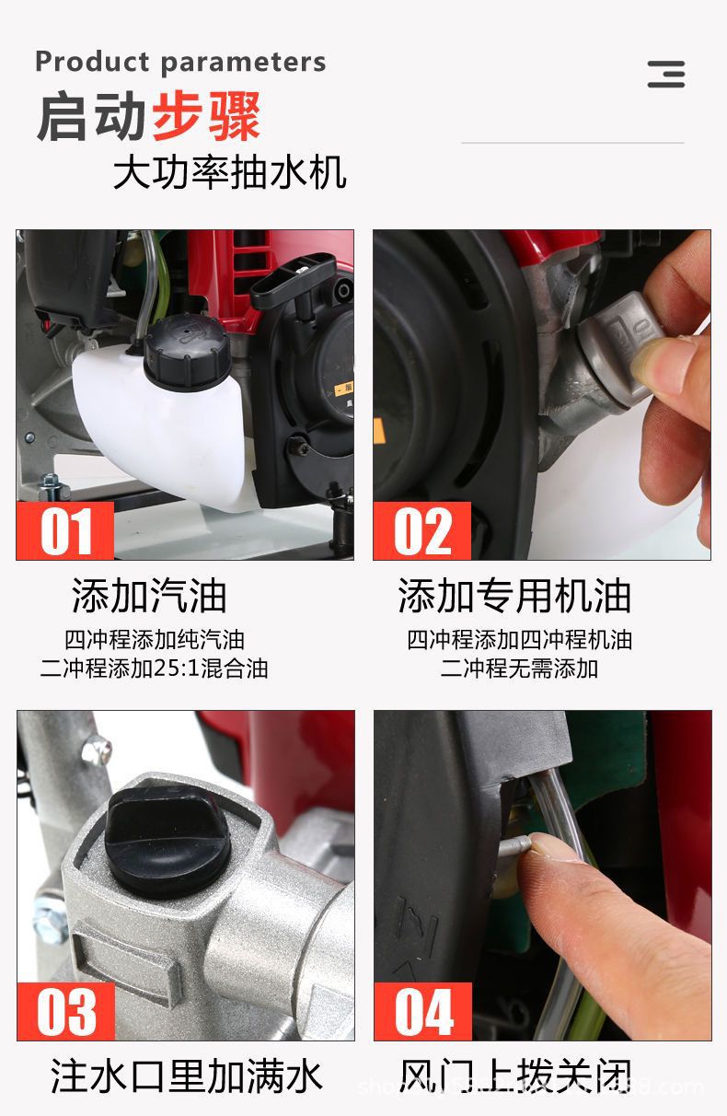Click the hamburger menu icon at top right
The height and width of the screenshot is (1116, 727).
pos(665,74)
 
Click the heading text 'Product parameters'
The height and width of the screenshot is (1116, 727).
pos(180,62)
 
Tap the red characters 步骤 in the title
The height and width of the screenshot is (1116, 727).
pos(206,117)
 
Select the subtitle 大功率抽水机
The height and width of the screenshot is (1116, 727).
pos(229,172)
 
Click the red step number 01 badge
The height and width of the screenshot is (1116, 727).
pos(65,531)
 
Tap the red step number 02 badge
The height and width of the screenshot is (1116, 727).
pos(421,531)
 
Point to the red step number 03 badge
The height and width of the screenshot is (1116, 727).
pos(65,1011)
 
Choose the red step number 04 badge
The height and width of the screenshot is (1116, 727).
pos(422,1011)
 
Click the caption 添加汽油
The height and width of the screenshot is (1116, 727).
pos(149,596)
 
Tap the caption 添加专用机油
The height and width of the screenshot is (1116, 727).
pos(514,596)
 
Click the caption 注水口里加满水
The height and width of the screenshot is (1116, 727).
pos(187,1076)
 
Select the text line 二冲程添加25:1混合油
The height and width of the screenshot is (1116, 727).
pos(154,668)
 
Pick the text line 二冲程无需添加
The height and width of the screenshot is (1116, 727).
pos(519,668)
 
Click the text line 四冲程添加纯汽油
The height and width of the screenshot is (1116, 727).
pos(154,639)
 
